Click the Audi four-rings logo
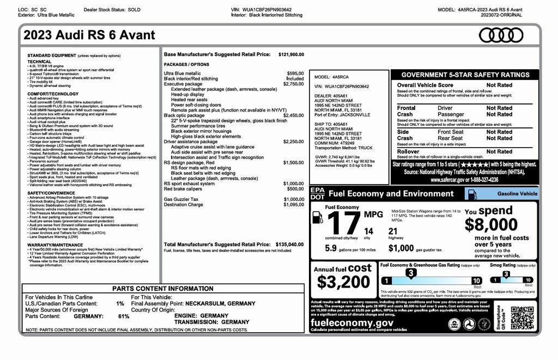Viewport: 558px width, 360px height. point(500,35)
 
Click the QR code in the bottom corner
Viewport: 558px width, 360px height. point(521,318)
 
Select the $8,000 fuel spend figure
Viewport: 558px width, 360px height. point(491,224)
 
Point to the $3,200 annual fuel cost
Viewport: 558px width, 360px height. point(343,282)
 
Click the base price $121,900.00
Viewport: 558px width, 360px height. point(291,54)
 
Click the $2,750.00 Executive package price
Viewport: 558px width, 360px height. point(293,84)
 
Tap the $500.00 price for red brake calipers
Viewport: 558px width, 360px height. point(295,188)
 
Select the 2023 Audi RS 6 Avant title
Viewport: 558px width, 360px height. point(89,35)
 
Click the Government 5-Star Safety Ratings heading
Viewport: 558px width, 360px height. point(465,75)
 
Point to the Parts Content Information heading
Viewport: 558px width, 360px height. point(163,289)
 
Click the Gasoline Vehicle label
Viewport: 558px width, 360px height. point(517,193)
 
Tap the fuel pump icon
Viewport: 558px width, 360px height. point(317,217)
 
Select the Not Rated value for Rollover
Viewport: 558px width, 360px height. point(499,151)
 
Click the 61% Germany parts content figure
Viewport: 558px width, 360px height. point(124,316)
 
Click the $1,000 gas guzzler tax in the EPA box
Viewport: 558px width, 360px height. point(401,248)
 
